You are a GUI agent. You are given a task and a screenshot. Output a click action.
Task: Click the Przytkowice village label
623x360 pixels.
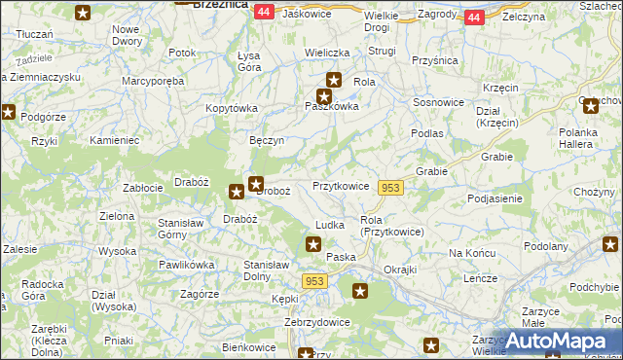[x=340, y=186]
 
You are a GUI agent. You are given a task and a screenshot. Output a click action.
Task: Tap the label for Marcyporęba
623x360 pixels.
[x=153, y=82]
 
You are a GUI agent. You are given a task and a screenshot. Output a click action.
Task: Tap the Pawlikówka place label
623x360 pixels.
[x=187, y=264]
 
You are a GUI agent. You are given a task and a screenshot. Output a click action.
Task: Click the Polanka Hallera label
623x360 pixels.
[x=584, y=139]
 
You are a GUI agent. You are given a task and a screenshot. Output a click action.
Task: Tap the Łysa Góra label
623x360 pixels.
[x=249, y=61]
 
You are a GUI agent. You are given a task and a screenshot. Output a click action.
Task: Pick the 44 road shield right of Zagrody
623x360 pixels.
[x=474, y=18]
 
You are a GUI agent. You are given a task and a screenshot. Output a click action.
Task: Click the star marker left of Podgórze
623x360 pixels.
[x=9, y=113]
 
